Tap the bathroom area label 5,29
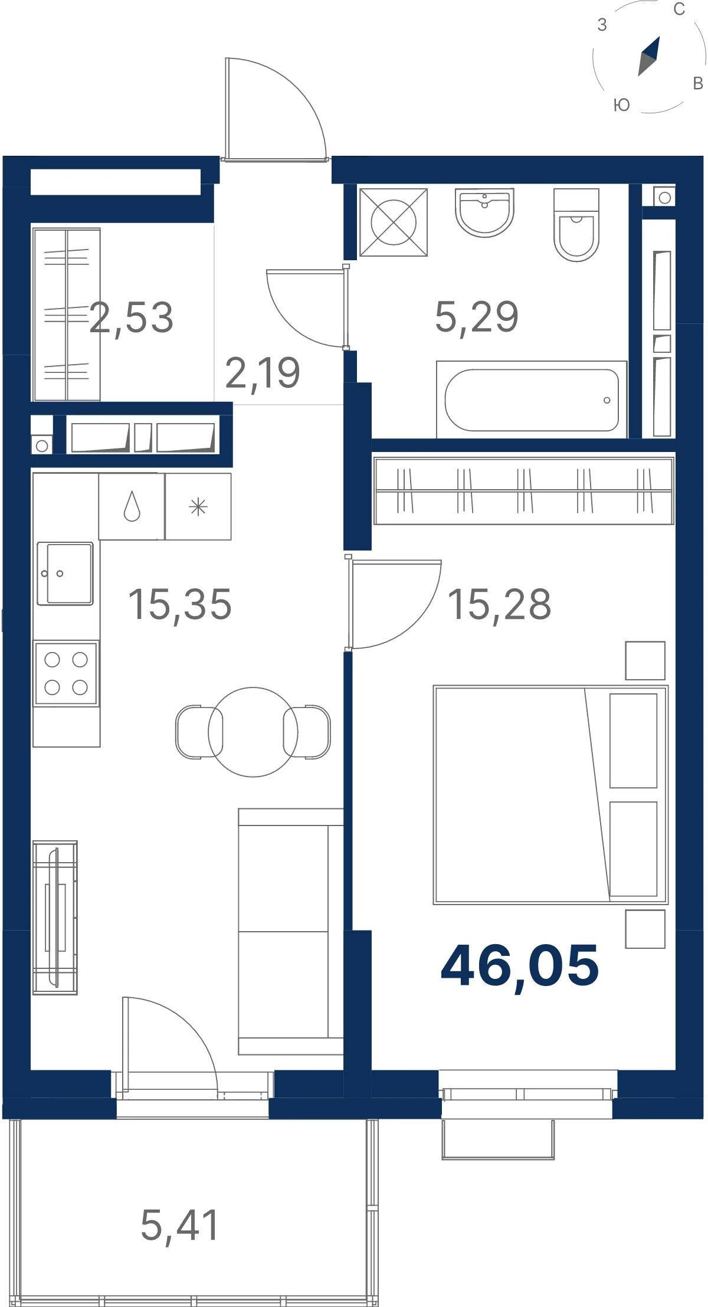477,317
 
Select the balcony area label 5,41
180,1226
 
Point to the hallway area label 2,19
263,374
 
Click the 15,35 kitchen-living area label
180,605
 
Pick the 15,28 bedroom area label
499,605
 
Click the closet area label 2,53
132,318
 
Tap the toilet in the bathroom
576,225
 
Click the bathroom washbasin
484,212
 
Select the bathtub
531,399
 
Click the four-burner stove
66,673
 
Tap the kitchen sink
65,574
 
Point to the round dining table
253,732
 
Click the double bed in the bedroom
550,795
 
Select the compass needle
649,56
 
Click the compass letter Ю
622,105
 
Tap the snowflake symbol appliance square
198,506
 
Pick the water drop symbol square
132,506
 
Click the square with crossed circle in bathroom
394,222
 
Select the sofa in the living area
291,931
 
